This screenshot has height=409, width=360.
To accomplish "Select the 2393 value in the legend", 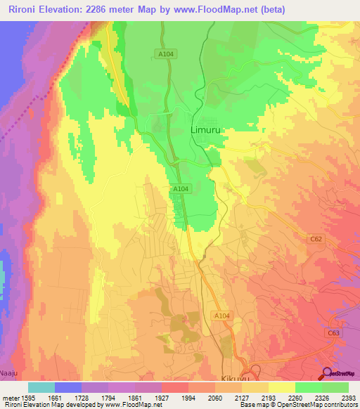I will point(348,397).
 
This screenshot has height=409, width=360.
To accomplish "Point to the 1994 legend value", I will point(188,397).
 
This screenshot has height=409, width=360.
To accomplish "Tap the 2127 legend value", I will point(241,397).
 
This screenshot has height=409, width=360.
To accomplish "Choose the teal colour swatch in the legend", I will point(41,387).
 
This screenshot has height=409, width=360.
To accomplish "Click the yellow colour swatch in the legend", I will point(282,387).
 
